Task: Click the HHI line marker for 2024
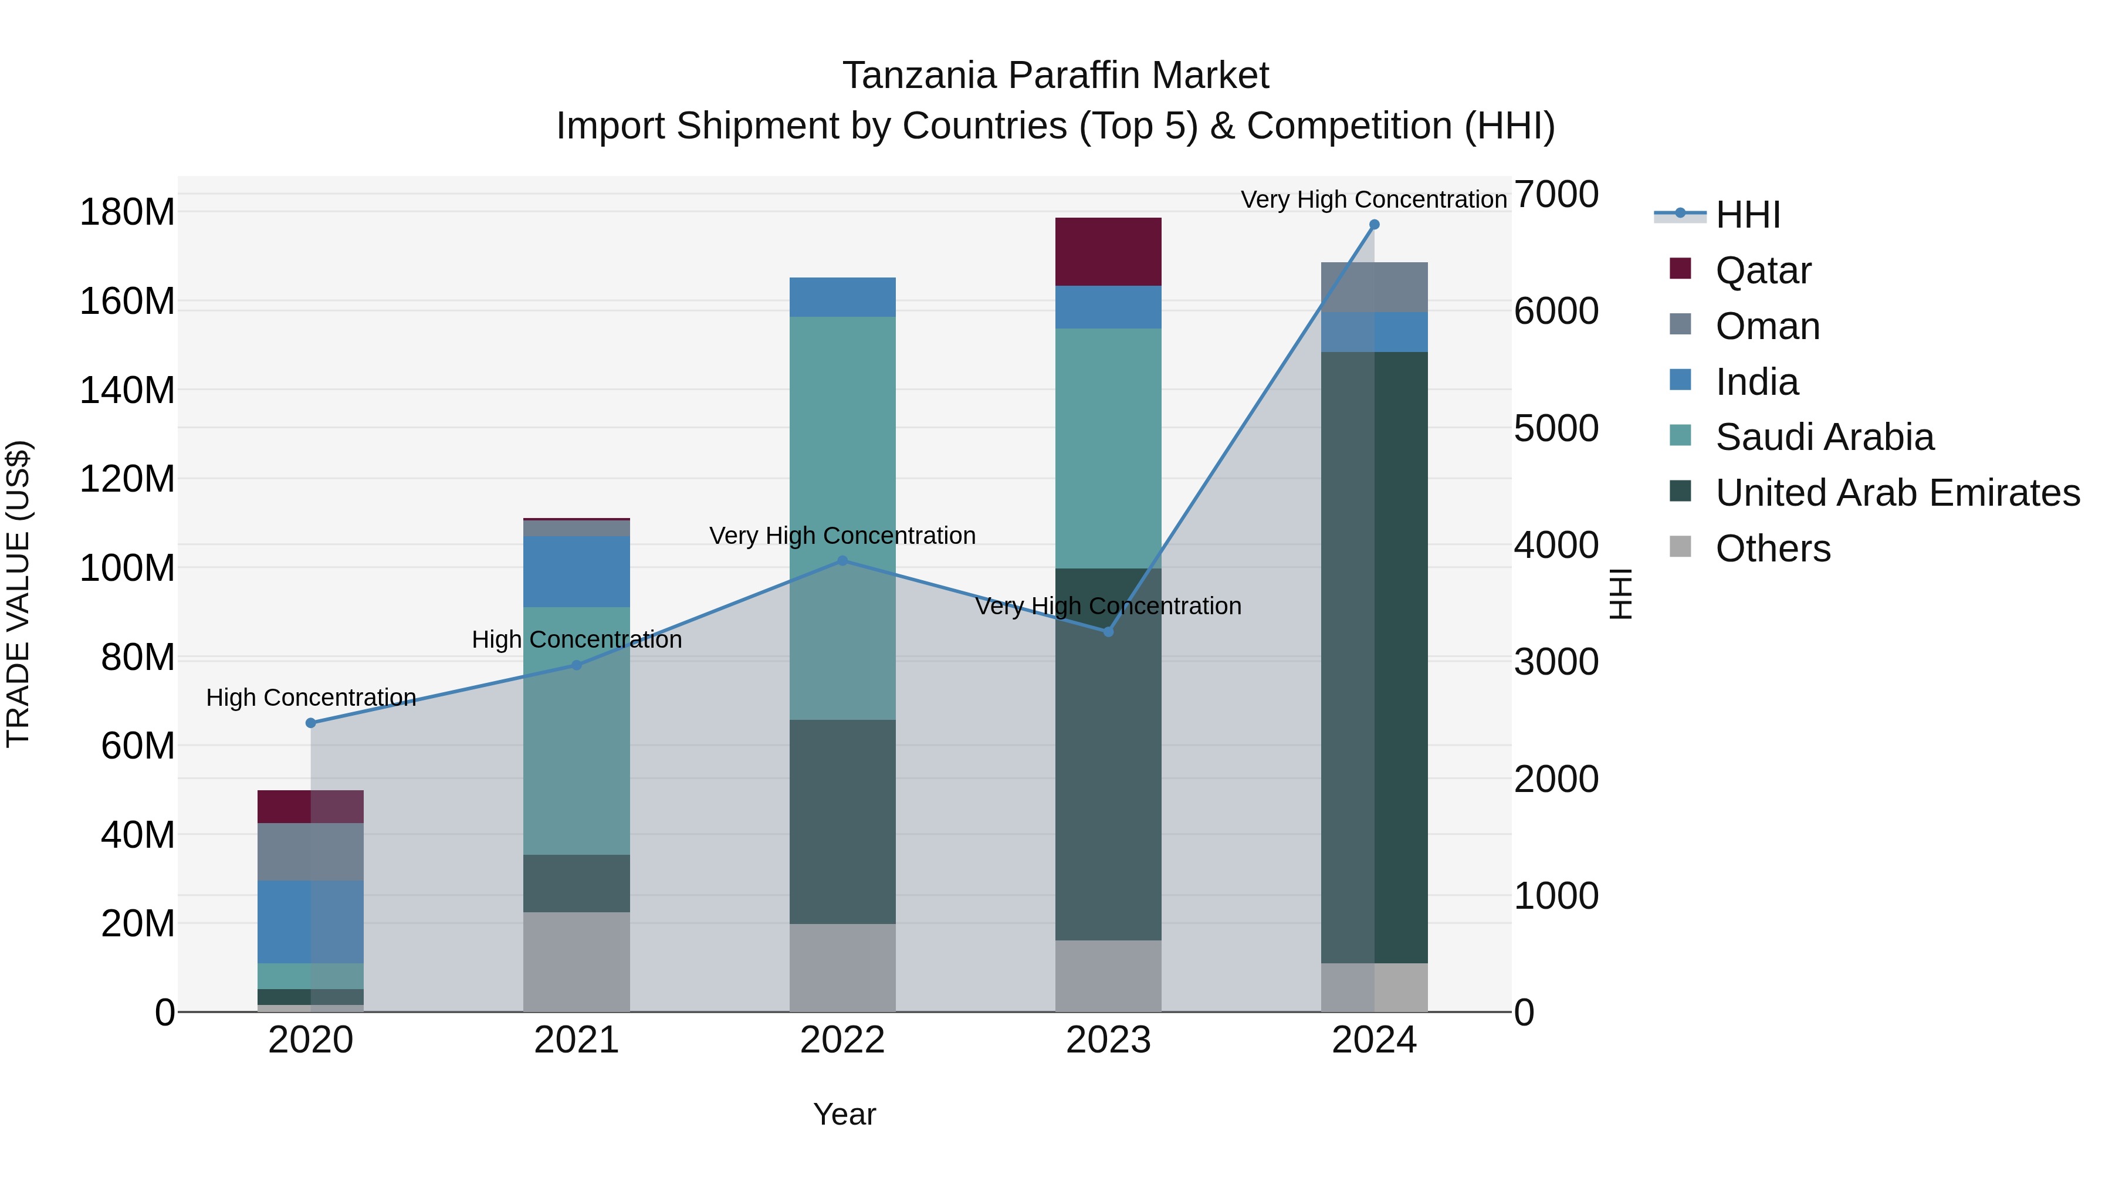[1374, 225]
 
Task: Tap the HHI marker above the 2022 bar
[842, 561]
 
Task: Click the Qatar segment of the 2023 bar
[1108, 252]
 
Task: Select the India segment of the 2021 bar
[576, 571]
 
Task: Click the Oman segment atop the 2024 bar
[1374, 287]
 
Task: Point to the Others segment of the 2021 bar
[576, 961]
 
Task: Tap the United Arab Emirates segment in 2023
[1108, 754]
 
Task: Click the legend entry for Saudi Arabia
[1824, 437]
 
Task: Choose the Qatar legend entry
[1763, 270]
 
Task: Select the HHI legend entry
[1747, 215]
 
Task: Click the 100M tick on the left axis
[127, 568]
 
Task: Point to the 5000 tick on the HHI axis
[1555, 428]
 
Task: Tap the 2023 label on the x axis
[1108, 1040]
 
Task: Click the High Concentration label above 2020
[311, 698]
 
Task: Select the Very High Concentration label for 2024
[1373, 199]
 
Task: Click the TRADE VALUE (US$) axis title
[18, 594]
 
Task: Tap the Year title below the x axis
[844, 1114]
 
